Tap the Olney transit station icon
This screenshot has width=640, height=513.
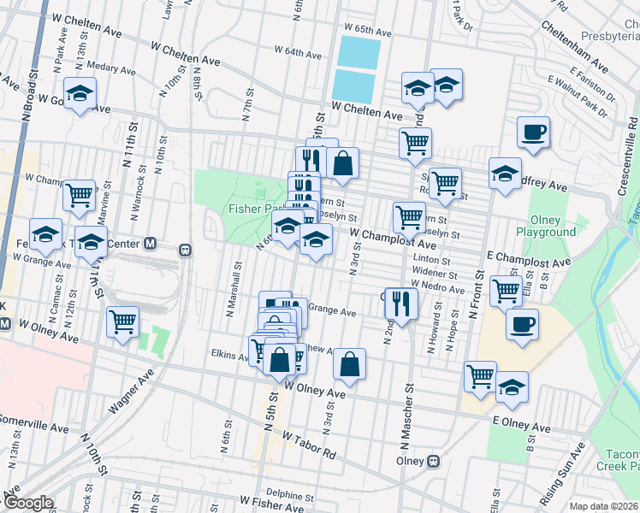(x=434, y=461)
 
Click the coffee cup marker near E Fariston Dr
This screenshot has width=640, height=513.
(x=533, y=133)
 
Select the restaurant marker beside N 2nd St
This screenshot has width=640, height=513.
(x=400, y=301)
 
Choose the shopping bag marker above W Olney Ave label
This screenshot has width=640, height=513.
(x=349, y=365)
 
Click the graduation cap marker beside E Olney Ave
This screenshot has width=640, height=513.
(x=512, y=387)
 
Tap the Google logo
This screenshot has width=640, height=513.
(x=28, y=503)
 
